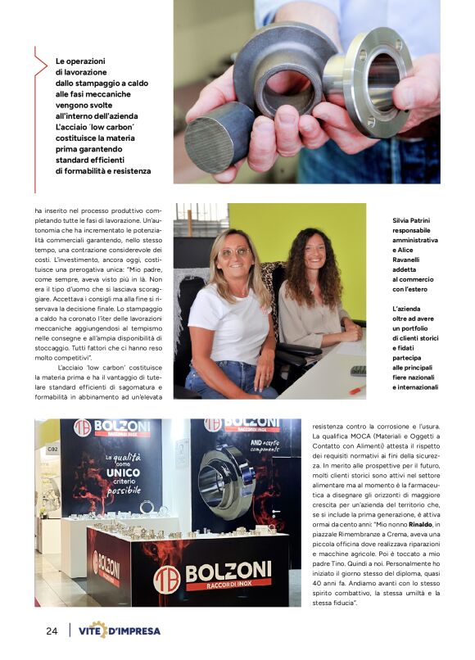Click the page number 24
51,631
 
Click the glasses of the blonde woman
234,252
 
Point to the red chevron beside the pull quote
42,73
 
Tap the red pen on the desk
356,389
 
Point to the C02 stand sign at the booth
52,449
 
